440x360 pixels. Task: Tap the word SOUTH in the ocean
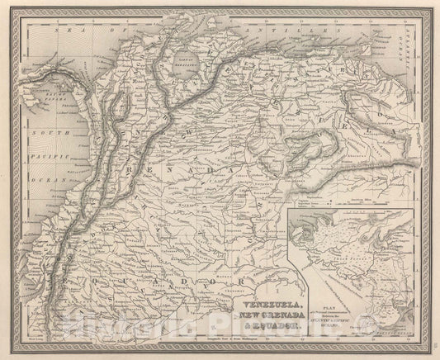pos(44,133)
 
